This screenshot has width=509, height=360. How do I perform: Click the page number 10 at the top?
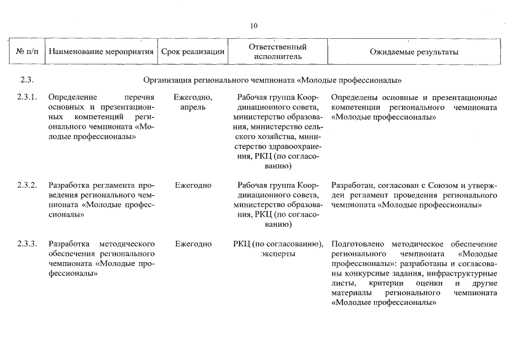click(x=254, y=26)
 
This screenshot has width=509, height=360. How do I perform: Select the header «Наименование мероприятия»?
click(x=101, y=52)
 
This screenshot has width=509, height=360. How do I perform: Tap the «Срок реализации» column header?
click(x=193, y=52)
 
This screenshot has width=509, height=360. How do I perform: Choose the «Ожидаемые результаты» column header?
click(x=414, y=52)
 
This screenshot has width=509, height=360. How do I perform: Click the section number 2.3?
click(x=27, y=79)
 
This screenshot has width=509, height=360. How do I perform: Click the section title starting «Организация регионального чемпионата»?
click(x=276, y=79)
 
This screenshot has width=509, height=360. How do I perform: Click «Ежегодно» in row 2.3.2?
click(x=193, y=185)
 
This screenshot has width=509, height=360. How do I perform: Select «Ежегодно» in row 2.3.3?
click(x=193, y=244)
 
